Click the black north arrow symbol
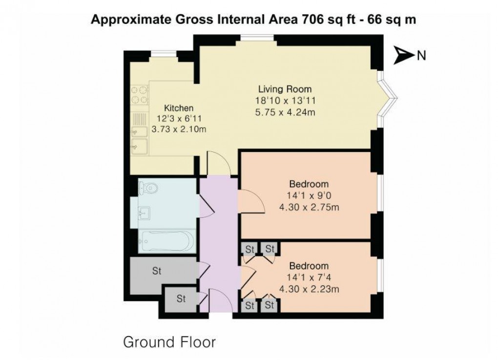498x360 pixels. click(403, 55)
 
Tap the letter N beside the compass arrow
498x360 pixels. click(421, 56)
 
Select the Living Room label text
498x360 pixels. click(285, 89)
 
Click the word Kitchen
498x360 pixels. click(179, 108)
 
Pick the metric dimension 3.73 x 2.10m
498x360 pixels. click(179, 129)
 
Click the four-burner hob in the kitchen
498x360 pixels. click(139, 95)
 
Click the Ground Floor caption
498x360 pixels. click(169, 342)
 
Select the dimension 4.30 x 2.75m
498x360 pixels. click(309, 207)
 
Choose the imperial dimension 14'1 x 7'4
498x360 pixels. click(309, 278)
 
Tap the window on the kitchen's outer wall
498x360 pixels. click(159, 54)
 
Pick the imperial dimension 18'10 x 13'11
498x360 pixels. click(285, 100)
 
